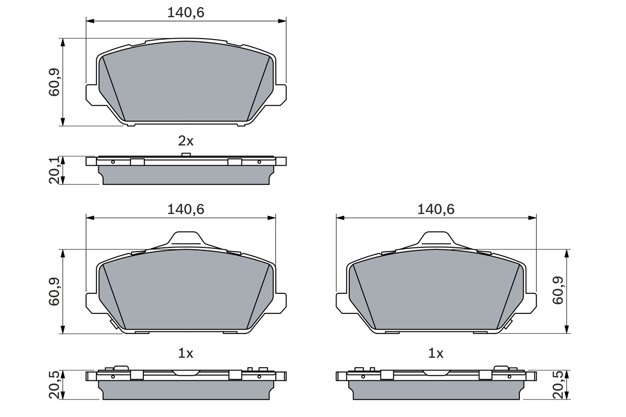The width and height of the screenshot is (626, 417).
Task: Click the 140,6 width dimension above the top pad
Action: click(x=185, y=13)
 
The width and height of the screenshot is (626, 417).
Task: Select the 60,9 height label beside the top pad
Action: click(x=54, y=82)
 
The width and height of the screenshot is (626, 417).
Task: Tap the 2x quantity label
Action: click(x=185, y=142)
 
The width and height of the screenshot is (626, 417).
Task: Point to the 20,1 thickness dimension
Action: click(x=54, y=170)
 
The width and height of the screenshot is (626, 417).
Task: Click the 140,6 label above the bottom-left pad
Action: click(x=185, y=209)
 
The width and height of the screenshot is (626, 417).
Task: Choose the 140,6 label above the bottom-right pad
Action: click(x=436, y=209)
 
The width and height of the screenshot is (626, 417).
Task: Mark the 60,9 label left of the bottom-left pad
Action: click(x=54, y=291)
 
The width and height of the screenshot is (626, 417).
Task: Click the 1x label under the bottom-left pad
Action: click(x=185, y=353)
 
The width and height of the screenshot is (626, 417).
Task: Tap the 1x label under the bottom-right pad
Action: click(x=436, y=353)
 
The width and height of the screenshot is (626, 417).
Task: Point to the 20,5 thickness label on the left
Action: click(x=54, y=385)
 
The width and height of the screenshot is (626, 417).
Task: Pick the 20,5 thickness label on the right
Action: click(x=558, y=385)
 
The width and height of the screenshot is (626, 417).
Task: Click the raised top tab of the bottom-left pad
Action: click(x=185, y=239)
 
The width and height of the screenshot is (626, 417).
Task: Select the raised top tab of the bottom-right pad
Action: click(x=436, y=239)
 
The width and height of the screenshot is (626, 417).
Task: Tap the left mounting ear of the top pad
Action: click(x=92, y=94)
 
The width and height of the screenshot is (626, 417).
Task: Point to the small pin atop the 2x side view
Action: click(x=185, y=155)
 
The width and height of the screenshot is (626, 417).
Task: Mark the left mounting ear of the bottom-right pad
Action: click(x=342, y=302)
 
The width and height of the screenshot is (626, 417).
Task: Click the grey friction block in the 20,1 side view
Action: click(x=186, y=175)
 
